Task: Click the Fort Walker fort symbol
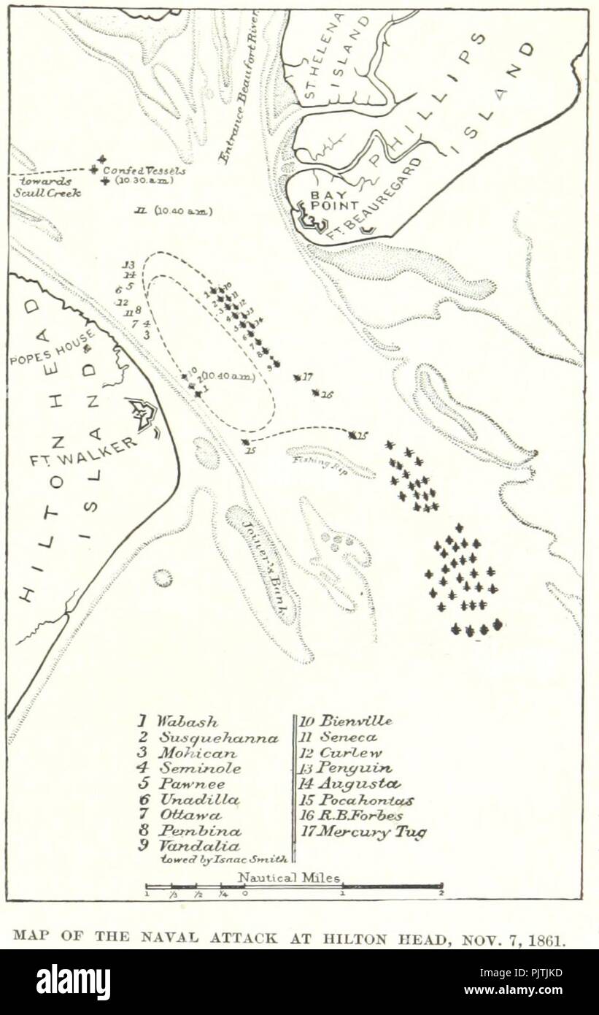tap(144, 414)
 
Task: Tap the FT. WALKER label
tap(82, 453)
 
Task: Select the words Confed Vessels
tap(144, 170)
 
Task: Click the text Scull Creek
tap(47, 193)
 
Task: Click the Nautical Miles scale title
tap(289, 878)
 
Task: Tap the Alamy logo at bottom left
tap(73, 981)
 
